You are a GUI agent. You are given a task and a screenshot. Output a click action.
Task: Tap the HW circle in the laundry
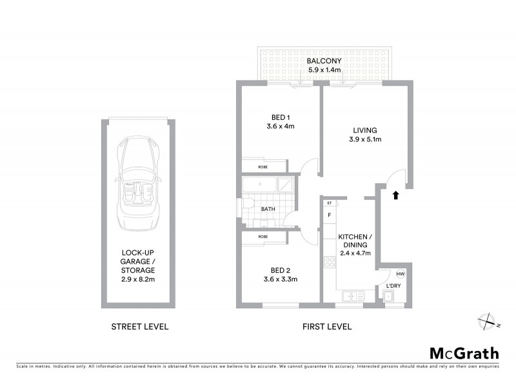pyautogui.click(x=400, y=274)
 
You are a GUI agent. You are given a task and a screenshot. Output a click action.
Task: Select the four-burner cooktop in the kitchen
pyautogui.click(x=329, y=263)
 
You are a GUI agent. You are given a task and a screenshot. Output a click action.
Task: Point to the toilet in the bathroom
pyautogui.click(x=248, y=205)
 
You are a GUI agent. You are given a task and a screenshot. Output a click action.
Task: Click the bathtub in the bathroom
pyautogui.click(x=263, y=184)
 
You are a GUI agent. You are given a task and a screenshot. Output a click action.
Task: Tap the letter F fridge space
pyautogui.click(x=329, y=215)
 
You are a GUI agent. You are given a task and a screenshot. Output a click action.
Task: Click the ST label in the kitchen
pyautogui.click(x=329, y=203)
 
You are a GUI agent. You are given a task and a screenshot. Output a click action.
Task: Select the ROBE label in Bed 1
pyautogui.click(x=263, y=166)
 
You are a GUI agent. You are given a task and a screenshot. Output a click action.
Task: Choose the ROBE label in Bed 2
pyautogui.click(x=263, y=237)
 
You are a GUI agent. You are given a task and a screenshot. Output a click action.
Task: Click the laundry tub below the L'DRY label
pyautogui.click(x=390, y=297)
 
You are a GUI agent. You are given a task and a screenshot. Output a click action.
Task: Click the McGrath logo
pyautogui.click(x=464, y=353)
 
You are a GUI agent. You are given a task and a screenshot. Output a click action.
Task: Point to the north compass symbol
pyautogui.click(x=487, y=321)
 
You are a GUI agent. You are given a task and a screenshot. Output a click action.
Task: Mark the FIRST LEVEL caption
pyautogui.click(x=327, y=326)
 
